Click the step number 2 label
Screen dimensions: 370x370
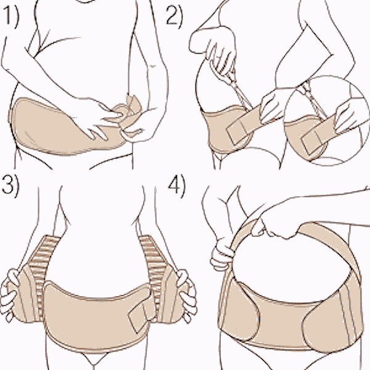(174, 15)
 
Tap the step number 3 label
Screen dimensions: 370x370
(10, 187)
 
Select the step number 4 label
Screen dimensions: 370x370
(176, 187)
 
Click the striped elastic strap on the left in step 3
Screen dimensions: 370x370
(42, 265)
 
